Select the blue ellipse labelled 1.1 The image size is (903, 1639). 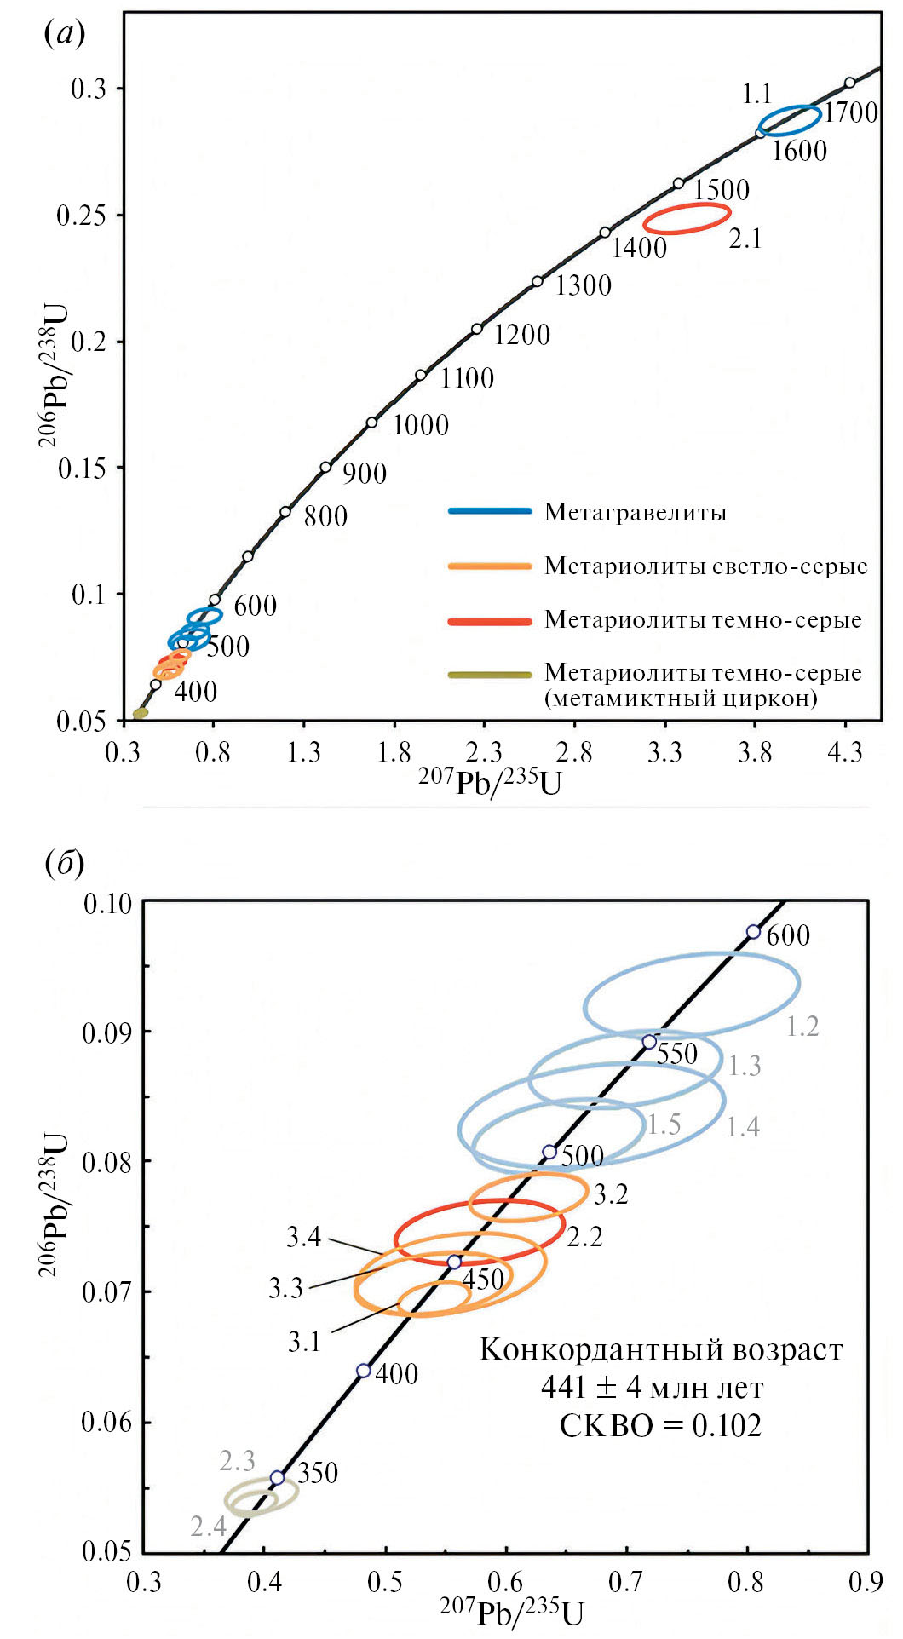[790, 120]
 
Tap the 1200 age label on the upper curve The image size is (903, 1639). [522, 335]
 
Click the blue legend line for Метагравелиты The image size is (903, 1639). [490, 511]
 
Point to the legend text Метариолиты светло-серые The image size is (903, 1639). [705, 566]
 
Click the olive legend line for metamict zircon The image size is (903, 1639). [490, 675]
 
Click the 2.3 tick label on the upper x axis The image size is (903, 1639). [483, 752]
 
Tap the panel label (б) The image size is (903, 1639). [64, 863]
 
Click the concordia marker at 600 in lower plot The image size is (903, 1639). [753, 932]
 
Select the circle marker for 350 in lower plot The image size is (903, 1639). [277, 1477]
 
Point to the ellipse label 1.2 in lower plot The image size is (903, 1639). [802, 1027]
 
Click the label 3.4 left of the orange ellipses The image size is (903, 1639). [303, 1237]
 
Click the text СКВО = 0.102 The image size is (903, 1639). [660, 1425]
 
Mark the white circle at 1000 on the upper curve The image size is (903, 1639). [372, 423]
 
